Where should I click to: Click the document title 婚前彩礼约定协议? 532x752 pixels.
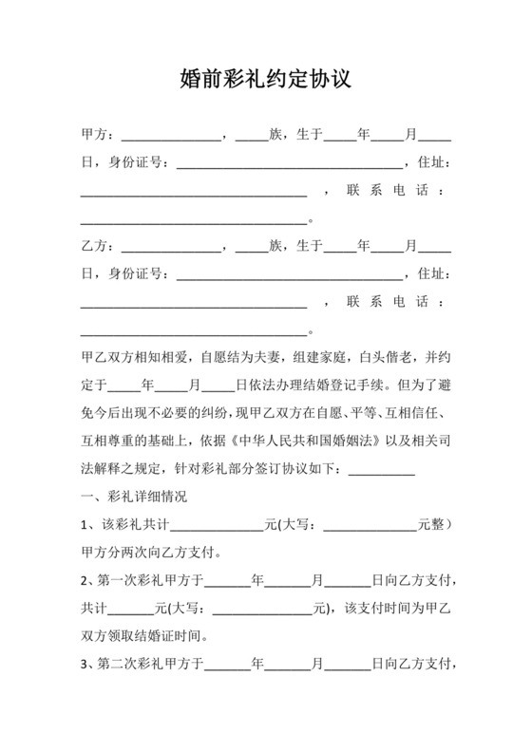266,78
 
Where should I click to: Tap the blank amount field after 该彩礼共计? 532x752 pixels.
216,524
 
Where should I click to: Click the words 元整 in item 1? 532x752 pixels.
433,523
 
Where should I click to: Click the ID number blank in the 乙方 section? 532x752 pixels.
289,276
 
